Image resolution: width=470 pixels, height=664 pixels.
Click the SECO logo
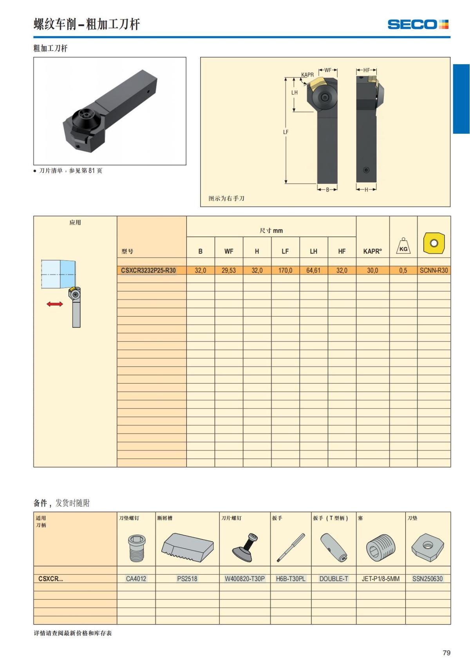(x=418, y=24)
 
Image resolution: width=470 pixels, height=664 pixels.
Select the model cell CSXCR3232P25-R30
(x=148, y=270)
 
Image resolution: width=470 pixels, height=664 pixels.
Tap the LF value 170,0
(x=285, y=270)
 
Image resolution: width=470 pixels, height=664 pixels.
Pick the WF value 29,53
(x=228, y=270)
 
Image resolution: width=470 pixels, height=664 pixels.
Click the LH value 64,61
(x=313, y=270)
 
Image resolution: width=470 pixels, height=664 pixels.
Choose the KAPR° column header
(x=372, y=251)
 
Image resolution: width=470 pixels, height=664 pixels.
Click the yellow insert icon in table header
(x=434, y=243)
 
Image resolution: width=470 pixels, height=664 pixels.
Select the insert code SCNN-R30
(x=434, y=270)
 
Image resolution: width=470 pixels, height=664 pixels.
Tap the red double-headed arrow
(x=55, y=304)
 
